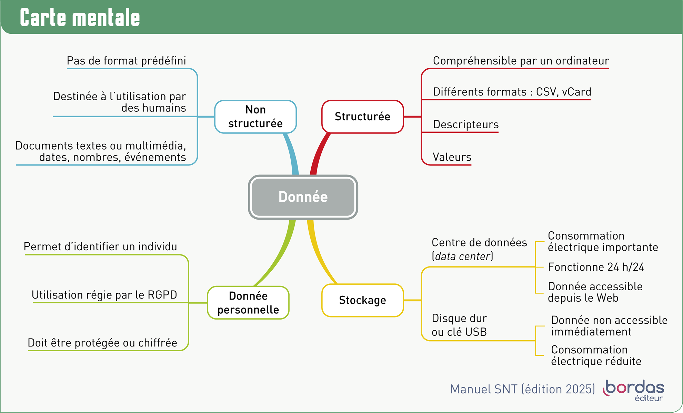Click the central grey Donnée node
[x=303, y=197]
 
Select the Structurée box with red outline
[x=362, y=117]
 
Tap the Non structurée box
[x=255, y=117]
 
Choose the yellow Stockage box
[x=362, y=300]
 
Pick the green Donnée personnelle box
[x=248, y=303]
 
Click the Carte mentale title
[x=80, y=18]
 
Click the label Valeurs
[x=452, y=157]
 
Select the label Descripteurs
[x=466, y=124]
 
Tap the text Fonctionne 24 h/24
[x=596, y=267]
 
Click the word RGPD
[x=162, y=295]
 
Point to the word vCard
[x=576, y=92]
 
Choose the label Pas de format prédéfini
[x=126, y=61]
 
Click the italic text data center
[x=463, y=256]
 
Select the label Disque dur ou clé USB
[x=459, y=325]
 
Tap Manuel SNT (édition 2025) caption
[x=522, y=389]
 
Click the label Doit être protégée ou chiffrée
[x=102, y=343]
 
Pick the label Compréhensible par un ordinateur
[x=521, y=61]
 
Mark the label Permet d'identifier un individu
[x=100, y=247]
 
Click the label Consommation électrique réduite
[x=596, y=355]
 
